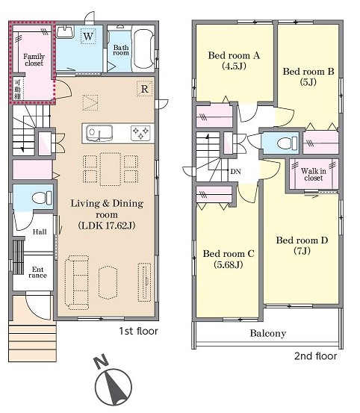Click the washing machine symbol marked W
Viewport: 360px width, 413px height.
tap(88, 36)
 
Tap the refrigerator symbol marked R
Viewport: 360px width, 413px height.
tap(145, 88)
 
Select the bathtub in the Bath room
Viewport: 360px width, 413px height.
tap(144, 49)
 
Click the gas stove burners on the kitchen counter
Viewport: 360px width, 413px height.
tap(140, 133)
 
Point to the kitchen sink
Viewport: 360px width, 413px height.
tap(99, 133)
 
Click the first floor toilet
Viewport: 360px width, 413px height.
tap(42, 198)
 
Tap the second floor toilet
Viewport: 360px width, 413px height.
tap(288, 143)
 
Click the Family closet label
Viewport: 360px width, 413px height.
tap(34, 60)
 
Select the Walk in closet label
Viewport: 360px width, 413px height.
tap(314, 174)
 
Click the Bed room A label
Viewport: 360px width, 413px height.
tap(234, 55)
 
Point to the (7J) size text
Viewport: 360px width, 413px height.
tap(302, 251)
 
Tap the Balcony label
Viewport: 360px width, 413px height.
tap(268, 333)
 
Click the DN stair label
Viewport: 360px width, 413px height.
tap(236, 172)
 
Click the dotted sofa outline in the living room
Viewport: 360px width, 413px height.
tap(77, 282)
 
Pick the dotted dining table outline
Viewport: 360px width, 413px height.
tap(111, 169)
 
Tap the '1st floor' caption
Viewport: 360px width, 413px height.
tap(138, 331)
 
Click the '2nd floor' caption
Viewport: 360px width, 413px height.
tap(315, 356)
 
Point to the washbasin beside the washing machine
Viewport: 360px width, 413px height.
tap(65, 31)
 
